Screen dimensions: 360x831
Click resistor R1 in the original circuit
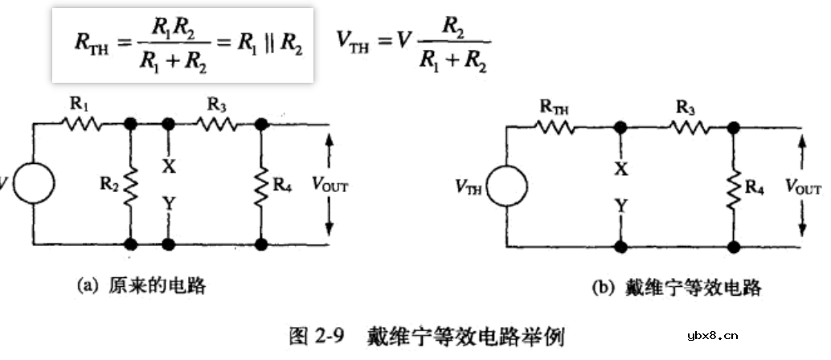[x=80, y=125]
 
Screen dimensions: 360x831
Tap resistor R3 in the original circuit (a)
[x=215, y=125]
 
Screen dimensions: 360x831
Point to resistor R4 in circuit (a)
[x=261, y=183]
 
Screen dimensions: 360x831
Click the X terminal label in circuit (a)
[x=168, y=166]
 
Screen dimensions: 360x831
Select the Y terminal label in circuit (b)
[x=619, y=207]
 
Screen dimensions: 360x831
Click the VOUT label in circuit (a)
[x=329, y=186]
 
